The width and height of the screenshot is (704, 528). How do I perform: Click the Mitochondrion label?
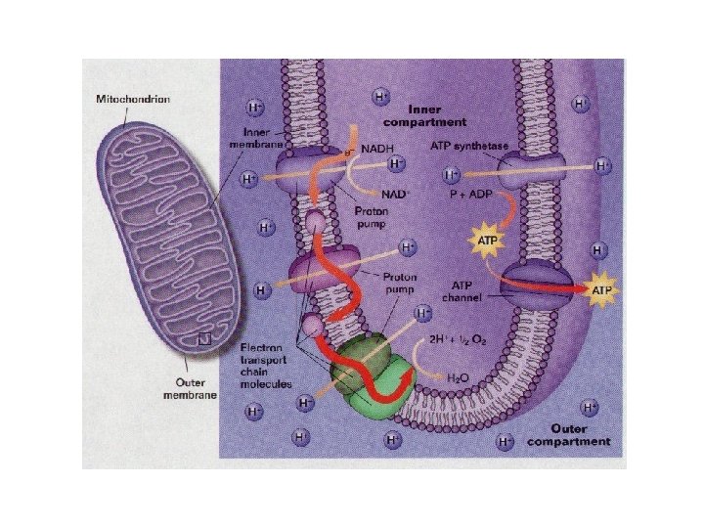click(133, 99)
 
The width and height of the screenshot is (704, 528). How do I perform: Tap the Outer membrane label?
click(189, 388)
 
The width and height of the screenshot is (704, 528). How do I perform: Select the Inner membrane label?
click(258, 138)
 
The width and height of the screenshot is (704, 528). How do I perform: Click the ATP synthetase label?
click(469, 145)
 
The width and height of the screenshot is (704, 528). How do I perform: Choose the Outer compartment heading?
click(567, 434)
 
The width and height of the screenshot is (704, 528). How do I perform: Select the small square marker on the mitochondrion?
click(203, 339)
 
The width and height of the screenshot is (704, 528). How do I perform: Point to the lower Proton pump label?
click(400, 283)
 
